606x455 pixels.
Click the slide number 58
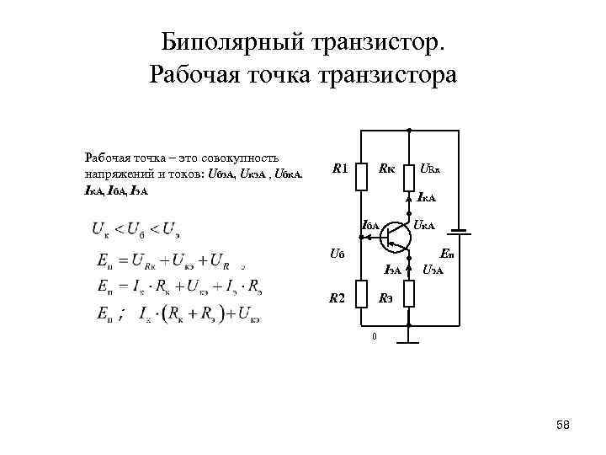[x=563, y=426]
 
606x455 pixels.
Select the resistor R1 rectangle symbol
[x=359, y=176]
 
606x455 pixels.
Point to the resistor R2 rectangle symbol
[x=359, y=294]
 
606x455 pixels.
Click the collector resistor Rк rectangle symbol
[x=408, y=176]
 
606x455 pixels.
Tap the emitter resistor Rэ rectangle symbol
[x=408, y=294]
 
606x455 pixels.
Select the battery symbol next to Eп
[x=460, y=231]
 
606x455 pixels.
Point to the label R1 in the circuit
[x=340, y=169]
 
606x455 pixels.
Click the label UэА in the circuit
[x=433, y=270]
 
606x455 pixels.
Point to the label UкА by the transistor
[x=423, y=226]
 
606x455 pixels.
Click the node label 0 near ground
[x=375, y=338]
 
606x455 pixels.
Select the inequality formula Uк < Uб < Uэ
[x=137, y=228]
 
